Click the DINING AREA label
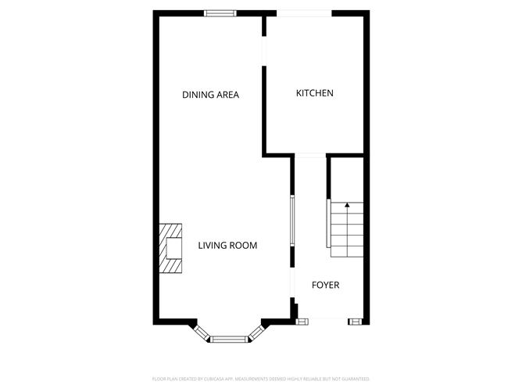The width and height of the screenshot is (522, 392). (210, 95)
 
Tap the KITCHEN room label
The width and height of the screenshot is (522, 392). (314, 93)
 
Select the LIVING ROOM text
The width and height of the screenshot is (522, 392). (227, 246)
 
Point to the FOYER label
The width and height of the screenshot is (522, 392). (326, 285)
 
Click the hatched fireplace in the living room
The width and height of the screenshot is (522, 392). (172, 248)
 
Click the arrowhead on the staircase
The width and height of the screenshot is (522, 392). (347, 205)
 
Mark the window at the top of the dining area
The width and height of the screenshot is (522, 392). (220, 13)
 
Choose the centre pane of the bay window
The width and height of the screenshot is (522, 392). (229, 340)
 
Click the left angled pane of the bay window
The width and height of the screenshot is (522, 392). (202, 332)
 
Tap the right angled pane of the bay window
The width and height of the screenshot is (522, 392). (256, 332)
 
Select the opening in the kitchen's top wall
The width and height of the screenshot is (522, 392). (305, 13)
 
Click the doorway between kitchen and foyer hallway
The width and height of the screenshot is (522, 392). (309, 155)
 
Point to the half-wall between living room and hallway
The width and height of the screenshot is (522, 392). (292, 231)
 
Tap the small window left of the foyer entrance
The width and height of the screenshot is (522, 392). (302, 320)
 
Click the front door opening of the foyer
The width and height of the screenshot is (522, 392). (328, 320)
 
